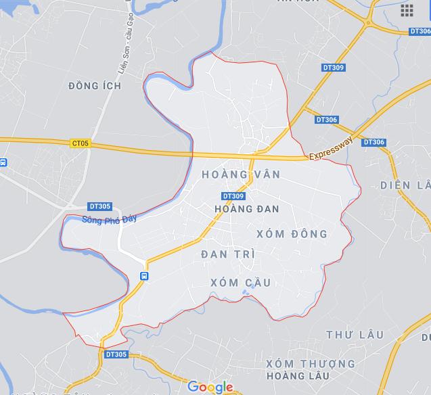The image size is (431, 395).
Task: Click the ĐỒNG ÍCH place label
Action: pyautogui.click(x=95, y=86)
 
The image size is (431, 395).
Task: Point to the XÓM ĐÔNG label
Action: pyautogui.click(x=292, y=234)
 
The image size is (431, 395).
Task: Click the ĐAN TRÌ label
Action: pyautogui.click(x=228, y=254)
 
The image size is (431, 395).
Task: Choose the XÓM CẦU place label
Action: pyautogui.click(x=241, y=282)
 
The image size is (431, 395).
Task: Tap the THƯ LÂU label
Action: pyautogui.click(x=355, y=335)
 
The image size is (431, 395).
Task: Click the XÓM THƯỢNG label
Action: pyautogui.click(x=311, y=364)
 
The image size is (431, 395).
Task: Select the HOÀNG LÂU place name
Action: pyautogui.click(x=298, y=376)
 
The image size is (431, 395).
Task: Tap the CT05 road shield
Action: pyautogui.click(x=80, y=143)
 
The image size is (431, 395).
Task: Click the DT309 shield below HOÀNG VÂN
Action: pyautogui.click(x=233, y=196)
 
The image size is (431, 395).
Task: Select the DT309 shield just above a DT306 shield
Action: pyautogui.click(x=333, y=68)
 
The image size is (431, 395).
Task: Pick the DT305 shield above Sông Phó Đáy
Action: pyautogui.click(x=99, y=206)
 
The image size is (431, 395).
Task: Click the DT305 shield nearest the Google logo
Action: pyautogui.click(x=116, y=354)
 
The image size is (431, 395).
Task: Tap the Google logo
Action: pyautogui.click(x=210, y=387)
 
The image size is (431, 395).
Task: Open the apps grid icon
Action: pyautogui.click(x=407, y=10)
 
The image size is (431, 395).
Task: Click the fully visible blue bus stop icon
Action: pyautogui.click(x=144, y=276)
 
